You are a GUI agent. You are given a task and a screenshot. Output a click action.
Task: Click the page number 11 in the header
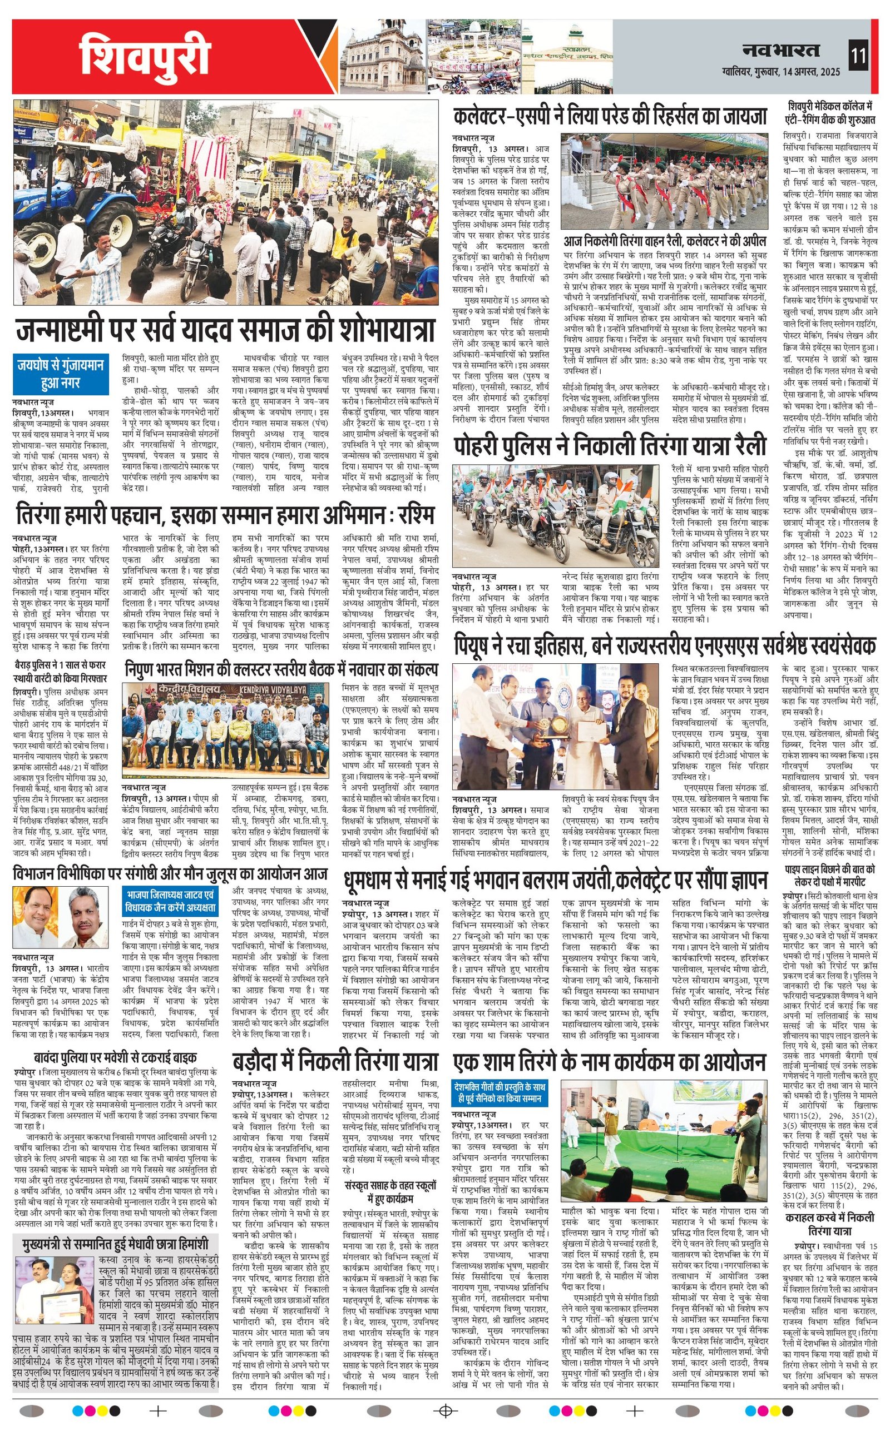858,57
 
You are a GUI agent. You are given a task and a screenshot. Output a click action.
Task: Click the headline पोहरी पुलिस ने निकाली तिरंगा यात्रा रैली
610,446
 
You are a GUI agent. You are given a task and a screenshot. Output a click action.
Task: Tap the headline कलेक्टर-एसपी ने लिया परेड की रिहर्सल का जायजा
610,116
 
